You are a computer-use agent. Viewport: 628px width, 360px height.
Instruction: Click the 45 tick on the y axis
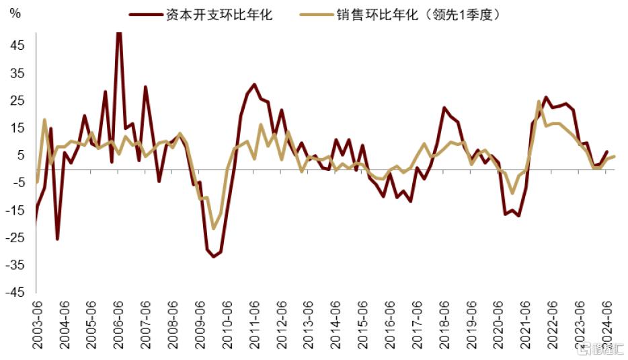click(x=17, y=45)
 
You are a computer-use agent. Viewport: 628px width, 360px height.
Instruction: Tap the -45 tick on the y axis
click(x=15, y=293)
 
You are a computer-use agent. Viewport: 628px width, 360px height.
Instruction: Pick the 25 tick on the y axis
click(x=17, y=100)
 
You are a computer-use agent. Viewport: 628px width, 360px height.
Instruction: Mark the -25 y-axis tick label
click(x=15, y=238)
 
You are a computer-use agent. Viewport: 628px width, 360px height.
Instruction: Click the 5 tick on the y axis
click(x=21, y=155)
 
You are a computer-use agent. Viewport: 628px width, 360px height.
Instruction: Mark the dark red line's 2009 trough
click(x=214, y=256)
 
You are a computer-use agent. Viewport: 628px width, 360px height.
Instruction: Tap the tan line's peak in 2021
click(x=539, y=102)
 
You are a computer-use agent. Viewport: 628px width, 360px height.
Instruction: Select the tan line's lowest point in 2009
click(x=214, y=228)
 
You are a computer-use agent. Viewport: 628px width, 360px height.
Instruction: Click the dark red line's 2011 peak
click(x=254, y=85)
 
